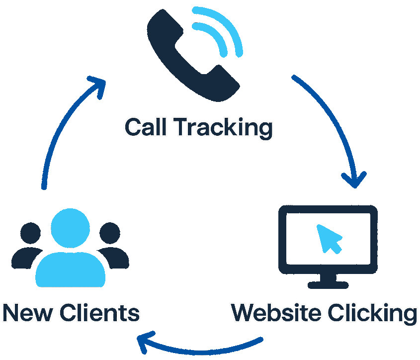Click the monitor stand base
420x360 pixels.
[328, 285]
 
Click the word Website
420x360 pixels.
[276, 313]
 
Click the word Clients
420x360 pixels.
[99, 314]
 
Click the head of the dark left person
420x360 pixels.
[30, 233]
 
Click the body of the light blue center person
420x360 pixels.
[70, 269]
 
